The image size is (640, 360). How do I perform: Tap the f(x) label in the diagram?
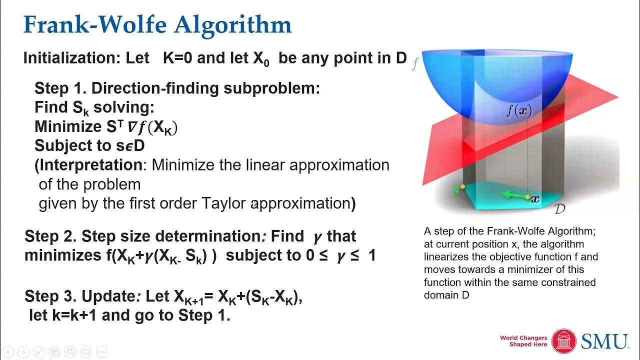click(518, 110)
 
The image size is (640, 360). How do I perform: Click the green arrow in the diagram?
click(515, 195)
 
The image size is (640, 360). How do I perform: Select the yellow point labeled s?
click(463, 187)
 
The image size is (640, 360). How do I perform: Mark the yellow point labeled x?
click(527, 198)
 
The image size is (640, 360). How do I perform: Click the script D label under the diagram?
click(560, 208)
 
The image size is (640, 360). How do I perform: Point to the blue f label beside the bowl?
click(414, 64)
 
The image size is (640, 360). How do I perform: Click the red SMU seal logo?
click(564, 341)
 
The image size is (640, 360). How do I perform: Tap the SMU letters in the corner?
click(604, 341)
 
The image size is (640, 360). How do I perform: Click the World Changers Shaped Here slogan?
click(523, 341)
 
